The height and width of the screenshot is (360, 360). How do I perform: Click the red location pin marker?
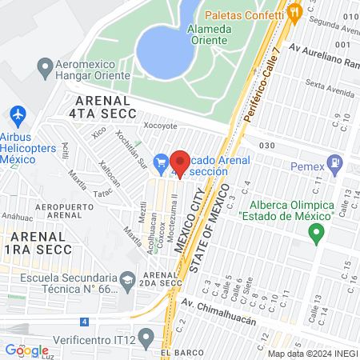point(180,162)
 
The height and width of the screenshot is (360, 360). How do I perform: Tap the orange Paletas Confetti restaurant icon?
point(295,11)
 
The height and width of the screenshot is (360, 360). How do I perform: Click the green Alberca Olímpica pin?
point(317,234)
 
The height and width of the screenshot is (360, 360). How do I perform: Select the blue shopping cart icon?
point(162,162)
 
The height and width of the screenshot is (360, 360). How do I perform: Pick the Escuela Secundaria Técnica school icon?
point(127,281)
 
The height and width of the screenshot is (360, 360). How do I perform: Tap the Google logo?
point(27,350)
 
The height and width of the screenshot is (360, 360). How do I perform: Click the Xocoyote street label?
point(159,126)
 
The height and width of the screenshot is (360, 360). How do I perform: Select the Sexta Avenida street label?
point(323,83)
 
